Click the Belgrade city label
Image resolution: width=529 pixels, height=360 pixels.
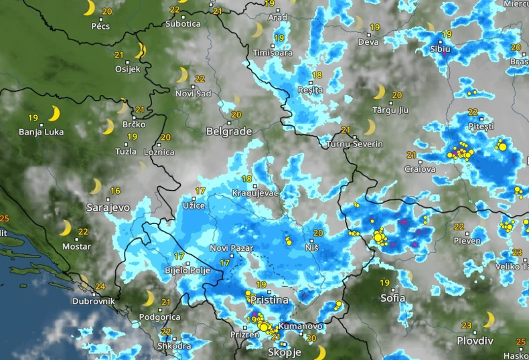coord(229,131)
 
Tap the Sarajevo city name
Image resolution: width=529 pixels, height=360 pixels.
coord(108,208)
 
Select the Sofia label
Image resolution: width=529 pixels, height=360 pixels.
coord(392,298)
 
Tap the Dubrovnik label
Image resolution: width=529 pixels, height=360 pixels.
coord(94,301)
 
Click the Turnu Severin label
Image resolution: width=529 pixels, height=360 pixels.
coord(355,144)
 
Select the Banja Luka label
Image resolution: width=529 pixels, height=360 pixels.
coord(42,132)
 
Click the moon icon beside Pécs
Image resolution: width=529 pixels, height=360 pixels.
coord(89,8)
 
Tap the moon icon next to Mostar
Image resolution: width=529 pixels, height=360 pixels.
coord(65,228)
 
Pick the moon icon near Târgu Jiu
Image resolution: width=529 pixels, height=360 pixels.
coord(379,92)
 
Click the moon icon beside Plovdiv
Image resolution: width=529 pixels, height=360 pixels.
coord(489,320)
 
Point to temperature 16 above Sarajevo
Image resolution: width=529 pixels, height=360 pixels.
coord(115,191)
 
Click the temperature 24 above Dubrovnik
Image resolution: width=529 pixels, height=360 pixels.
coord(100,286)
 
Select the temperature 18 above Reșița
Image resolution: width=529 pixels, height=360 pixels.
coord(317,75)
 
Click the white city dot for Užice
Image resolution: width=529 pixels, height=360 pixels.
coord(195,198)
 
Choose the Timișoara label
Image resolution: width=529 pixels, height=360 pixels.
coord(273,53)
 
